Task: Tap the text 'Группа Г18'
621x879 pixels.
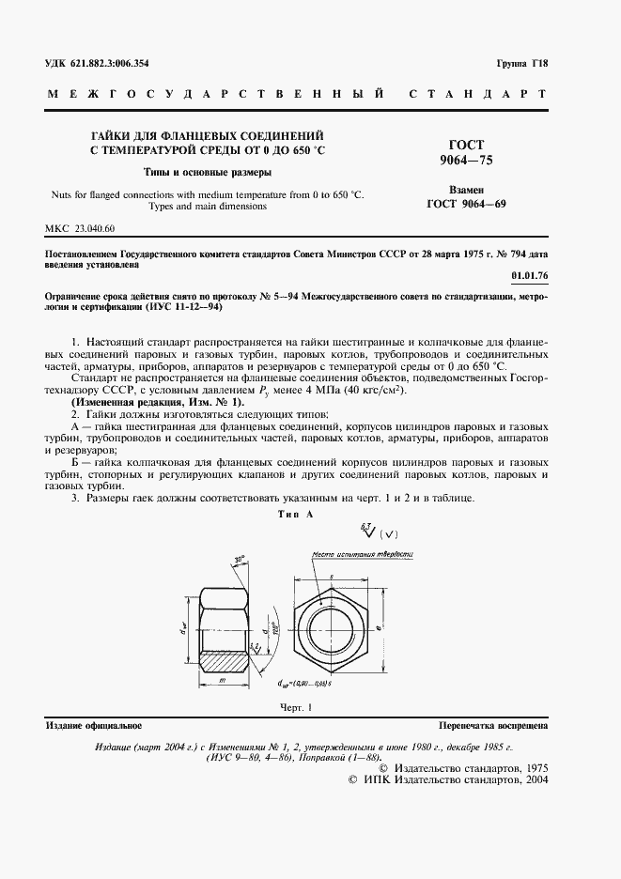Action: [x=523, y=64]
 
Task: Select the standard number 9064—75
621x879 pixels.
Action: [x=467, y=161]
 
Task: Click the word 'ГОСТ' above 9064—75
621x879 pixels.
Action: [x=467, y=145]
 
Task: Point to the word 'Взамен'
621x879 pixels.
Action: [x=467, y=188]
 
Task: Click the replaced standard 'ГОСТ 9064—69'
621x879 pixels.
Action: [x=467, y=203]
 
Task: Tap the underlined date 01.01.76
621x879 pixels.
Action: [x=530, y=275]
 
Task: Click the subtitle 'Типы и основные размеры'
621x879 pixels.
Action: [x=208, y=173]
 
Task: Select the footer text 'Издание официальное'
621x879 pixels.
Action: [x=93, y=726]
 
